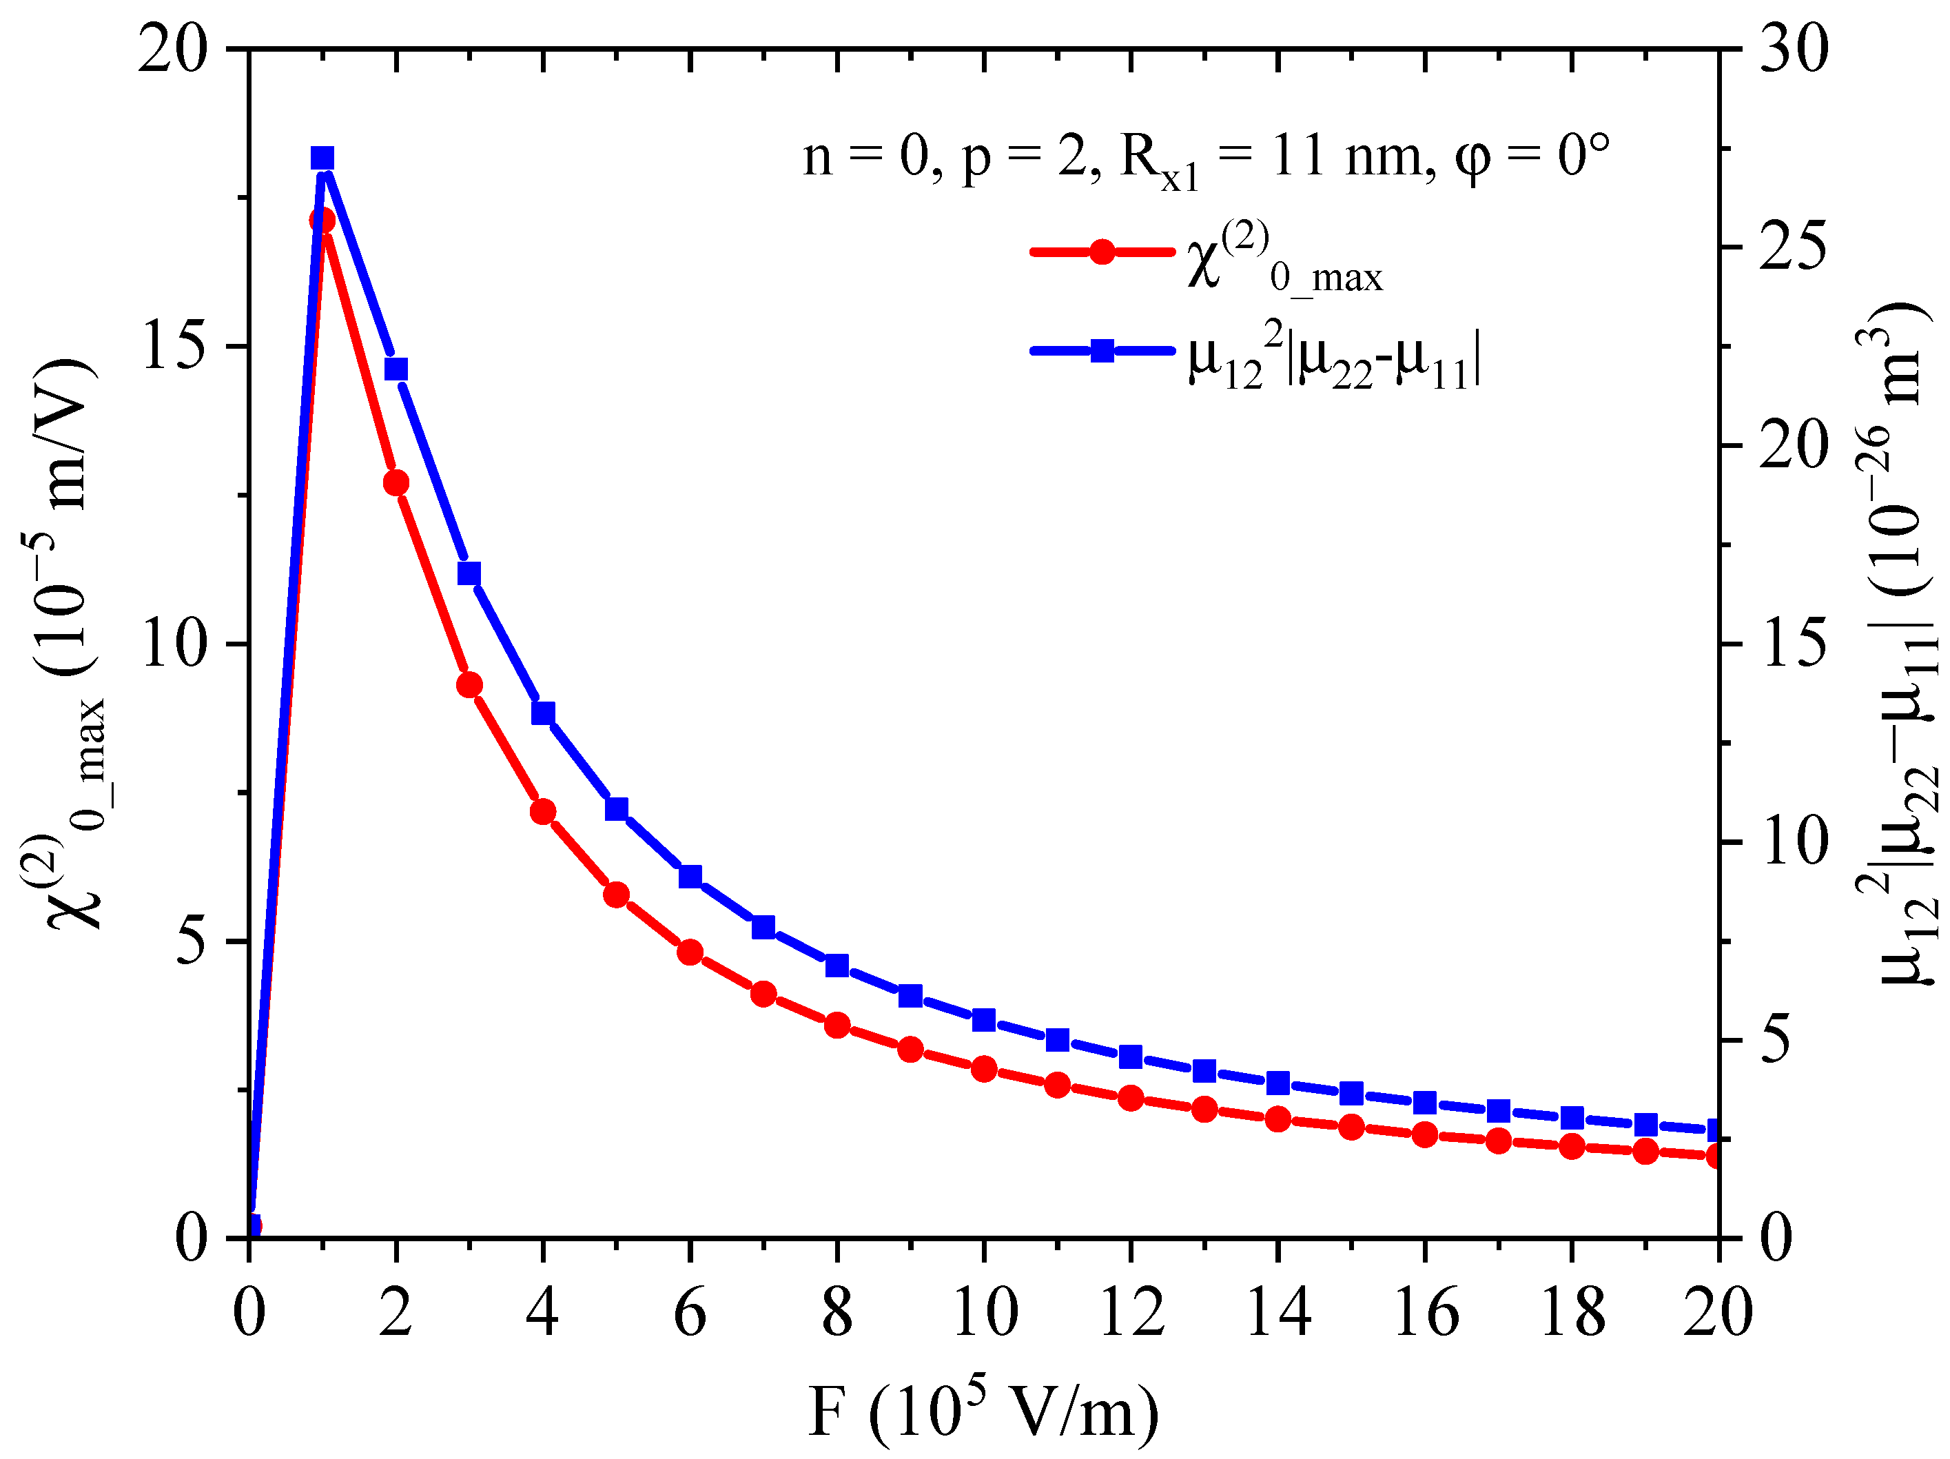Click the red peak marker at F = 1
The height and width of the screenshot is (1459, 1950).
point(322,220)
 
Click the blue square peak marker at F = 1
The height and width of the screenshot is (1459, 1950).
point(322,159)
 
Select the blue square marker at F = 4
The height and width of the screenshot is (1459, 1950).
point(543,713)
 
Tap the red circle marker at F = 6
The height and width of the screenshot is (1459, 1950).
point(690,952)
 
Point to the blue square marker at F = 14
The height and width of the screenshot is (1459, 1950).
point(1277,1083)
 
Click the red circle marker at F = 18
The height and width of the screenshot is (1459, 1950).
point(1572,1147)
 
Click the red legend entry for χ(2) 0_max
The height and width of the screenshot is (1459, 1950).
point(1102,252)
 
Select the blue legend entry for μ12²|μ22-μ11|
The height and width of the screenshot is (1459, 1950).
point(1102,351)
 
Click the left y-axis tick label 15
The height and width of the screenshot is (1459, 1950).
point(174,345)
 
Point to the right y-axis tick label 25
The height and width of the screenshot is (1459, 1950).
point(1793,247)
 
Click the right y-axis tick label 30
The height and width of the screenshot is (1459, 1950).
point(1793,50)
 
